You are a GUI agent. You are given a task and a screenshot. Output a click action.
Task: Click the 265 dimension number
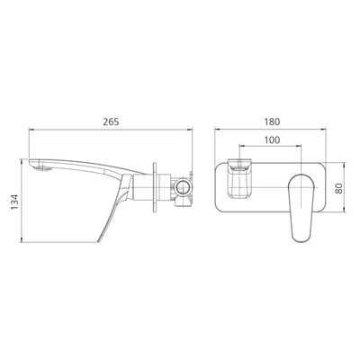click(x=111, y=121)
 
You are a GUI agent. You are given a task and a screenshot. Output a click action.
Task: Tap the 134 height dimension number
click(x=14, y=202)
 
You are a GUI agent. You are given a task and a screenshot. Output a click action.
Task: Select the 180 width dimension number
click(x=272, y=121)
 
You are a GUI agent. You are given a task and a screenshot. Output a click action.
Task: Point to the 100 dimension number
click(x=272, y=140)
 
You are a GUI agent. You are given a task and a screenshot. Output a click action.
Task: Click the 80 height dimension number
click(x=338, y=188)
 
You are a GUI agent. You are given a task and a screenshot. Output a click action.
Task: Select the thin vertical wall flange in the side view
click(x=155, y=188)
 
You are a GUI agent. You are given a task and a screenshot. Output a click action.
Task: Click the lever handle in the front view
click(x=301, y=207)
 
